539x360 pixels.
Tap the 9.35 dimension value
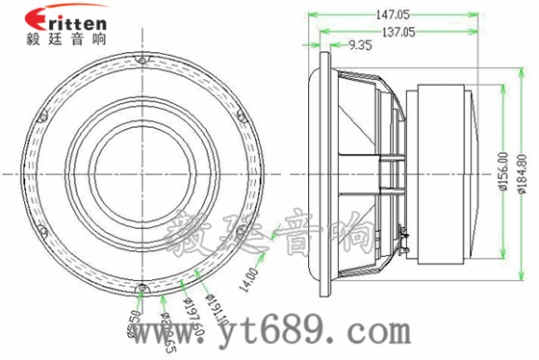tap(362, 45)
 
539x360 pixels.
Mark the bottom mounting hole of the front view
tap(142, 287)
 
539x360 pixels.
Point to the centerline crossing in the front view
tap(142, 173)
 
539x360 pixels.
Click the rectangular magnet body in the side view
tap(438, 173)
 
